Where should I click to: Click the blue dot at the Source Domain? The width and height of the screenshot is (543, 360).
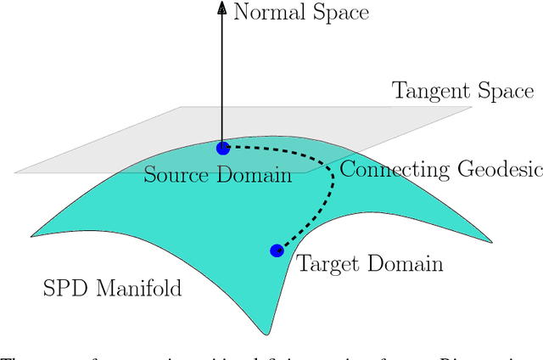pos(223,148)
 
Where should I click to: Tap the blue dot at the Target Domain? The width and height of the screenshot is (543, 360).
pos(276,250)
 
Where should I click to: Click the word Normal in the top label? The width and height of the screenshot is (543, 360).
pos(271,12)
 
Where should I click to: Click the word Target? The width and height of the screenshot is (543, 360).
pos(328,264)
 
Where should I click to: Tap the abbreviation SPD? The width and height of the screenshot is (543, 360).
pos(63,289)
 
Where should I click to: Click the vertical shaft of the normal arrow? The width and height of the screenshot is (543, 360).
pos(222,76)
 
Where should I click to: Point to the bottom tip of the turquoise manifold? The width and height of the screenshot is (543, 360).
pos(271,334)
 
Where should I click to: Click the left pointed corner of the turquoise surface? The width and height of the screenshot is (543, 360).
pos(32,235)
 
